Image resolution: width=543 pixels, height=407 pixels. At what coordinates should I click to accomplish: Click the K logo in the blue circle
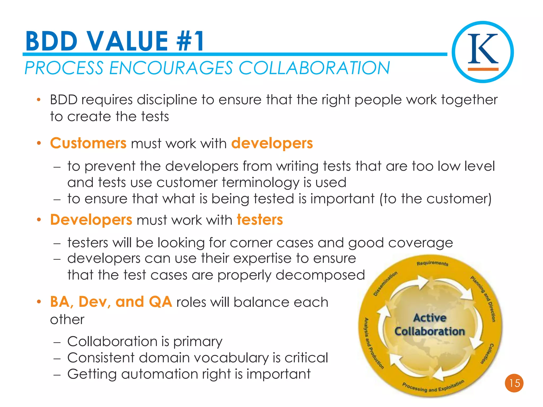[x=483, y=52]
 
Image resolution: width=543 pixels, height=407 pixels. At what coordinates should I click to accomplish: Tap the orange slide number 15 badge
[x=514, y=383]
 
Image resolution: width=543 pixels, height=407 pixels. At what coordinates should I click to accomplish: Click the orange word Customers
[x=88, y=143]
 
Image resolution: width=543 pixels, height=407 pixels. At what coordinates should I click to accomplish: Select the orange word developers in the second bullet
[x=272, y=143]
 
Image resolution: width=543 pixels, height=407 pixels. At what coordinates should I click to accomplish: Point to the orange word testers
[x=260, y=220]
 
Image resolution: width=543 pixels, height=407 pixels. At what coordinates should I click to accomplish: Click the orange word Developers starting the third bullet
[x=91, y=220]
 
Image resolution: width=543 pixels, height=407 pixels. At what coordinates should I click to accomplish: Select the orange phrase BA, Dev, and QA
[x=111, y=302]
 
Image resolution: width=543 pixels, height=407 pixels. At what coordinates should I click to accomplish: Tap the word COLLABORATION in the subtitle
[x=314, y=68]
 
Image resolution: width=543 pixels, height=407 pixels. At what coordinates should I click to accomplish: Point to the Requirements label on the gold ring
[x=432, y=263]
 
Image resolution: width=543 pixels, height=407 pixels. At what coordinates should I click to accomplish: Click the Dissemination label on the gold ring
[x=385, y=283]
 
